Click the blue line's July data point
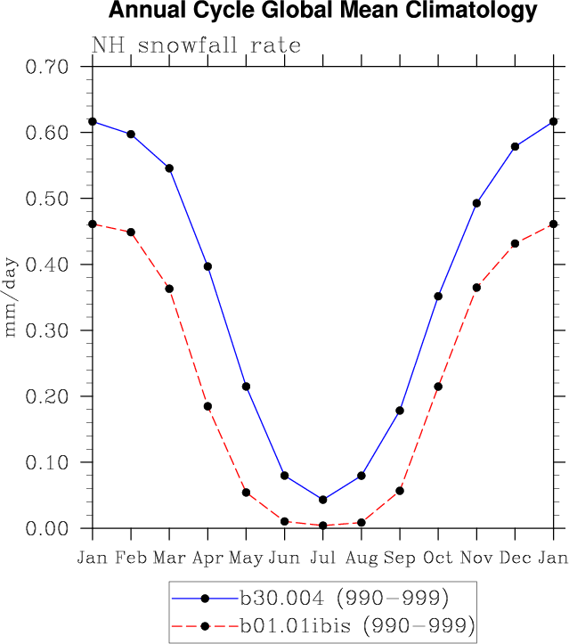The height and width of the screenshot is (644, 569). click(x=323, y=500)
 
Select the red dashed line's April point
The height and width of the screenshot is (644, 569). click(x=207, y=406)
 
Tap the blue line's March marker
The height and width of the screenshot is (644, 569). click(x=169, y=168)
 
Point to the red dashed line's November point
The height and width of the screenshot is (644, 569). click(x=476, y=288)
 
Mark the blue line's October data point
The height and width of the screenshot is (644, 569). click(x=438, y=297)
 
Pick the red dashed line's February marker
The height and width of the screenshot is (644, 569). click(x=131, y=232)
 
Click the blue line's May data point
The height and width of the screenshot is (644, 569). click(x=246, y=387)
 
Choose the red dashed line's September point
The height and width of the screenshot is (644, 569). click(x=400, y=491)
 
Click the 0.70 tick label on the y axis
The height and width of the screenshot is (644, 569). click(x=47, y=67)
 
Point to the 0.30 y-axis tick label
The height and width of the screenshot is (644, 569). click(x=47, y=330)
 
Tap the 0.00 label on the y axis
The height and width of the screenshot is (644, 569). click(x=47, y=528)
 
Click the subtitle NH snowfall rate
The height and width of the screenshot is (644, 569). click(x=196, y=45)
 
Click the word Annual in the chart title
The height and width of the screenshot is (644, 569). click(x=142, y=12)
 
